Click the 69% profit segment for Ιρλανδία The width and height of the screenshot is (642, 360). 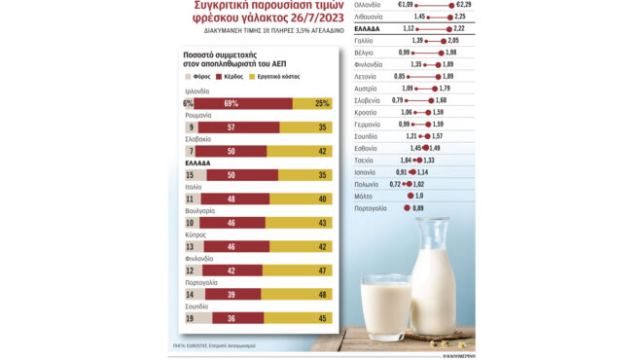232,102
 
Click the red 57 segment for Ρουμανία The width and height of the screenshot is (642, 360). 230,126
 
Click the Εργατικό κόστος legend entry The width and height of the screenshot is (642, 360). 288,75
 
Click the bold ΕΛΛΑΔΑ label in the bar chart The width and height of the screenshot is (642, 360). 199,162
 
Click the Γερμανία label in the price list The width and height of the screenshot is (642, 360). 368,125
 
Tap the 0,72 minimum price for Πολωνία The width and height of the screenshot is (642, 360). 395,184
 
